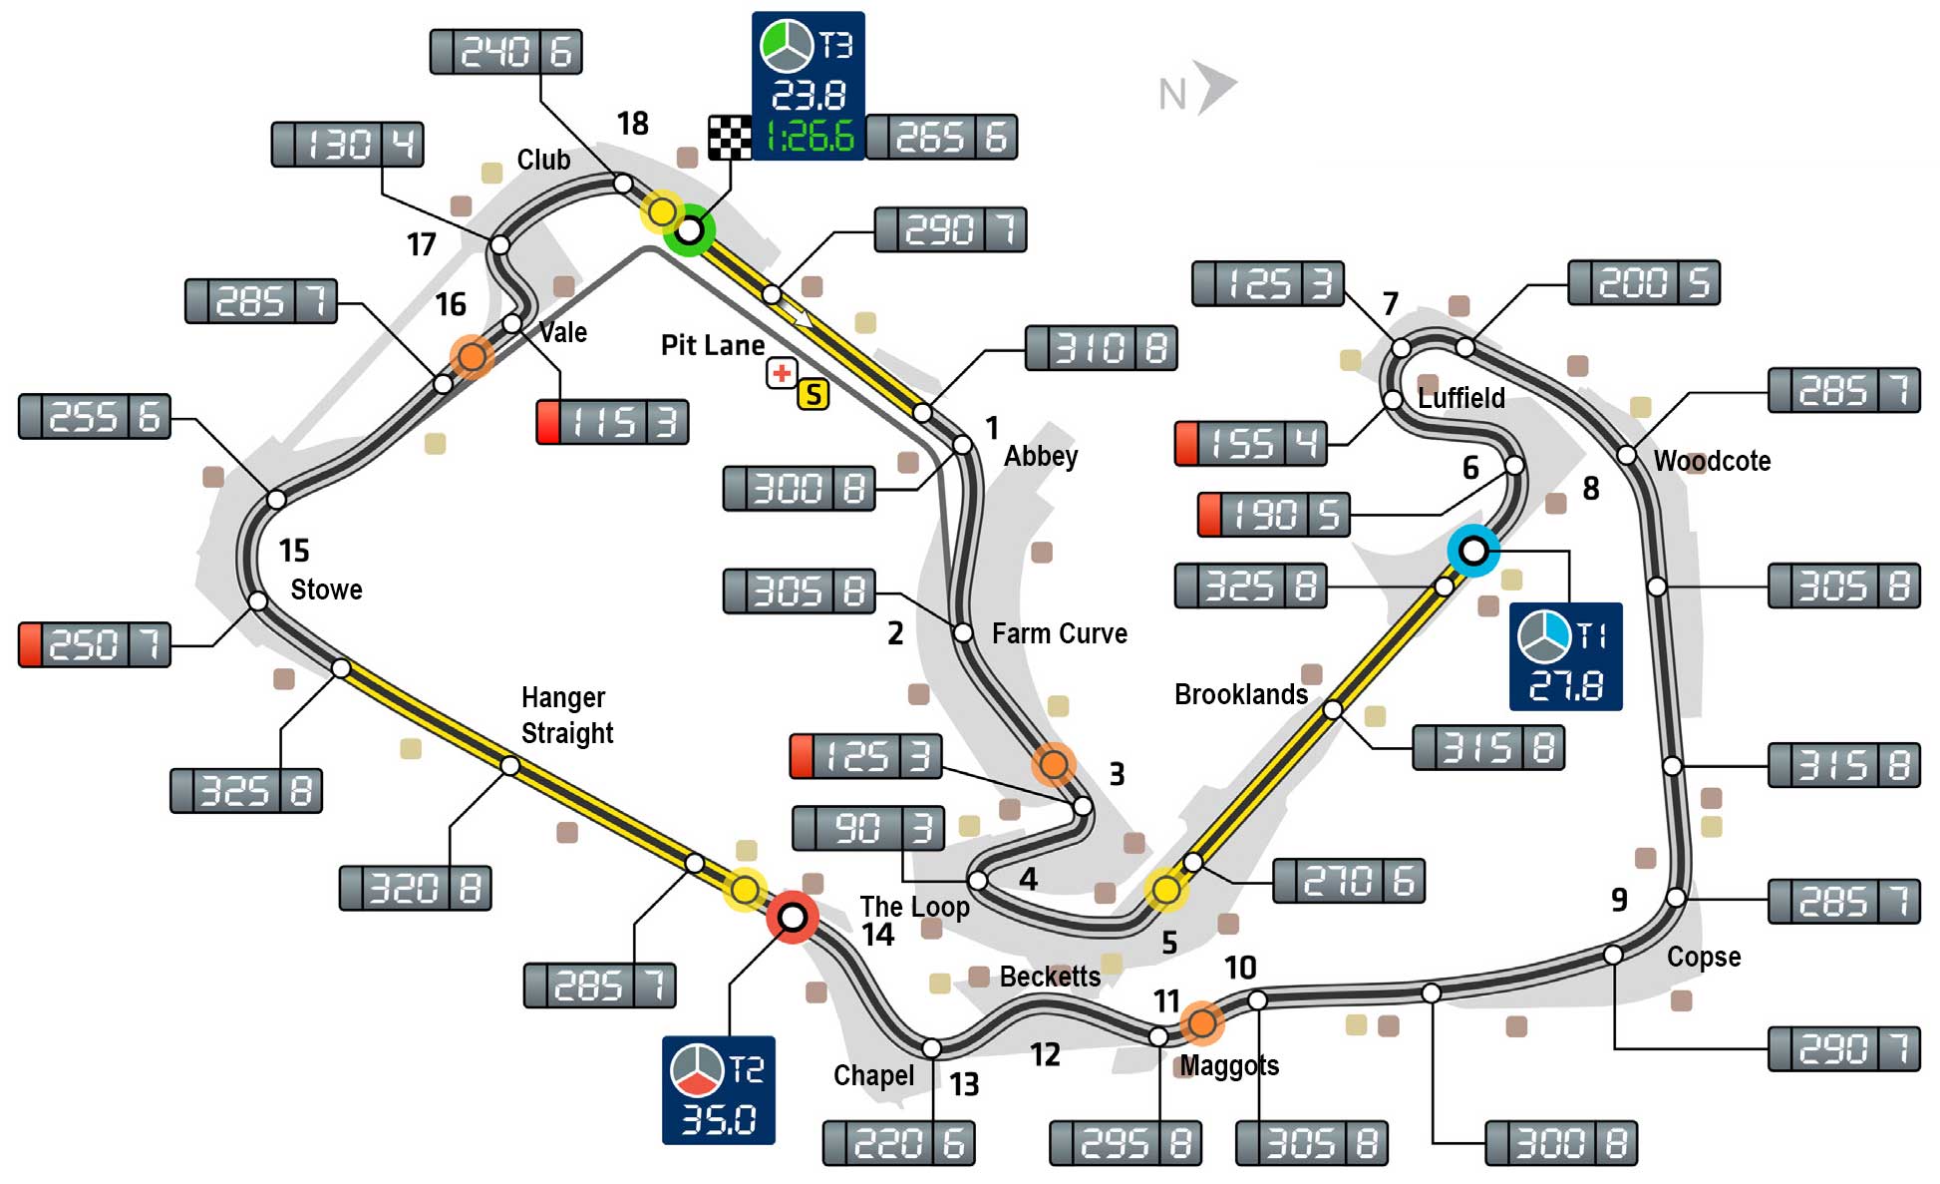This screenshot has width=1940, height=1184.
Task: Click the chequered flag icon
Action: pos(730,138)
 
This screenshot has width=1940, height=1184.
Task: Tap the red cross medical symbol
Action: pos(782,373)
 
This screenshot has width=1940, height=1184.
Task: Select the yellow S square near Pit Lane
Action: pos(813,394)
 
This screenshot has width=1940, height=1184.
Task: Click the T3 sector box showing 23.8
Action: pos(808,86)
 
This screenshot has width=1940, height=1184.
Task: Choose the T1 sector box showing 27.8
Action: pos(1565,656)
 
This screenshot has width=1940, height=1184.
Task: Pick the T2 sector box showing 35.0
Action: pos(718,1089)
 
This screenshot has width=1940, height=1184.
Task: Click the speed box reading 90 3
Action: pos(868,828)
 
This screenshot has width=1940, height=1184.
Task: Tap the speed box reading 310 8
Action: pos(1101,348)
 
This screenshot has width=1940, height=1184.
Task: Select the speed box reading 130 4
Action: pos(347,145)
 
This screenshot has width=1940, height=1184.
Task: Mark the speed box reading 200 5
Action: pos(1643,283)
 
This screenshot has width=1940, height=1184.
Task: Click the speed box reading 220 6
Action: pos(898,1143)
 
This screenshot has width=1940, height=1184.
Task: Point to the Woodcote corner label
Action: pos(1712,461)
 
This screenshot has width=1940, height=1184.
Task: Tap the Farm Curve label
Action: pos(1059,633)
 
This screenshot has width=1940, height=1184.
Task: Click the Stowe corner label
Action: pos(326,590)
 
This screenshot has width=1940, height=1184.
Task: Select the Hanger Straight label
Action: pos(566,715)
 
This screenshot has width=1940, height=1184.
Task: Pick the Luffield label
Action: pos(1460,398)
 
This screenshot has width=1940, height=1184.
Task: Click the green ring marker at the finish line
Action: pos(689,230)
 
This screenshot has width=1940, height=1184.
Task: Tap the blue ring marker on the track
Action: pos(1472,550)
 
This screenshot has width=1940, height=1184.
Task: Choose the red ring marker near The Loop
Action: pos(793,916)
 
